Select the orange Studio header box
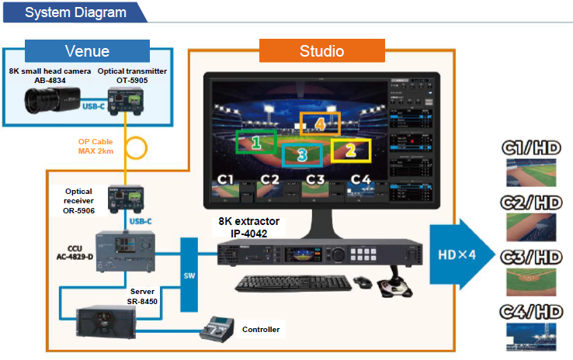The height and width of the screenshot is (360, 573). click(x=323, y=52)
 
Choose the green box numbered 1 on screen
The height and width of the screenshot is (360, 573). click(x=256, y=142)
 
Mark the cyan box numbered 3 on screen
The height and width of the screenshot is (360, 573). click(x=302, y=156)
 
